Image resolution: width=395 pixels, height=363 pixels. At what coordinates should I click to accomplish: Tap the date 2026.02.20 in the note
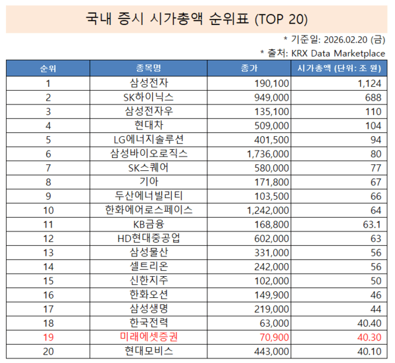[x=344, y=39]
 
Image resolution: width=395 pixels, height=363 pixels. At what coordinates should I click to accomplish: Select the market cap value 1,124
[x=369, y=83]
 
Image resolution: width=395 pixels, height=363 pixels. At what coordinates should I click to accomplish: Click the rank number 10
[x=48, y=210]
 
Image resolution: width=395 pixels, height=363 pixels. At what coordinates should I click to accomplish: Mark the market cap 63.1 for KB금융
[x=371, y=224]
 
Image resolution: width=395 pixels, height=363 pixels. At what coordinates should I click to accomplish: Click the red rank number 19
[x=48, y=337]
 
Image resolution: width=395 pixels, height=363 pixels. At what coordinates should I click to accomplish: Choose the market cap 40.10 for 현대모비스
[x=369, y=351]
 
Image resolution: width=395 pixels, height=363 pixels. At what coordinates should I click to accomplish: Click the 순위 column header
[x=48, y=68]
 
